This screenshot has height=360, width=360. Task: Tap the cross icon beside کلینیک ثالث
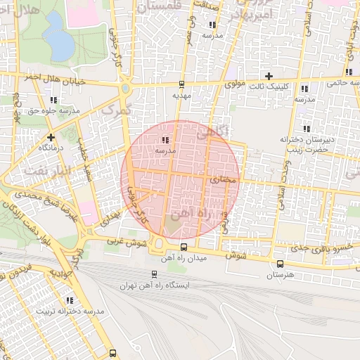[x=268, y=76]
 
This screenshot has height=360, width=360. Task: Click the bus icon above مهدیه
[x=183, y=82]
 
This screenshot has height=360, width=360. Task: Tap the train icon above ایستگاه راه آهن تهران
[x=155, y=274]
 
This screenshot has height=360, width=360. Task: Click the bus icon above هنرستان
[x=281, y=264]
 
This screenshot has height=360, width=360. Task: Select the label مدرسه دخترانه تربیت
[x=74, y=310]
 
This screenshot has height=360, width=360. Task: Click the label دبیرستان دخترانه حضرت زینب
[x=305, y=145]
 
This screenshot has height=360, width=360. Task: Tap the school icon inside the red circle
[x=166, y=139]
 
